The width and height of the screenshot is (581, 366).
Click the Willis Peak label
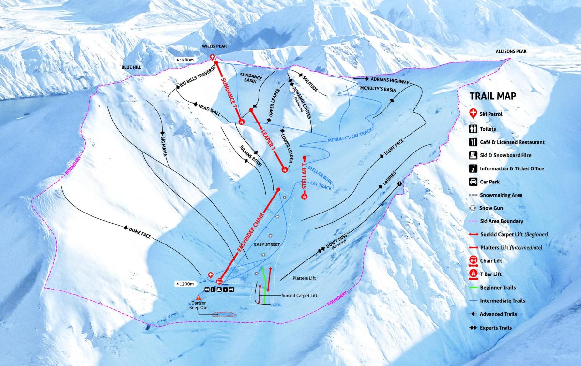click(215, 46)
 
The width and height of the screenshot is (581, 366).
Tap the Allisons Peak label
click(511, 51)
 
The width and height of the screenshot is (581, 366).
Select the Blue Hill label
click(131, 68)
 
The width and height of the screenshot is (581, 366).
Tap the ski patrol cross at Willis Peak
click(213, 57)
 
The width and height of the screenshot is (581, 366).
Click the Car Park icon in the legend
click(473, 182)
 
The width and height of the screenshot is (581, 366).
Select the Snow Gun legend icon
click(473, 208)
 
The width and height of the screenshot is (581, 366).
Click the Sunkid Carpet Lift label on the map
click(299, 295)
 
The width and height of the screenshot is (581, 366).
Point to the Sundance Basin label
click(252, 79)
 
